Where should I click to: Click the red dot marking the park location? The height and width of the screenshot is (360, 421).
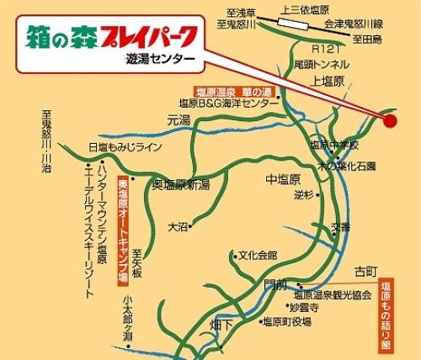click(x=391, y=120)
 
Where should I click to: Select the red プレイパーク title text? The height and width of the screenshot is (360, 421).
click(x=149, y=36)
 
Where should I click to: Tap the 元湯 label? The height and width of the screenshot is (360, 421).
click(x=178, y=121)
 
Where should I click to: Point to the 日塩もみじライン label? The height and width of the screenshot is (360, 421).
click(x=124, y=146)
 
